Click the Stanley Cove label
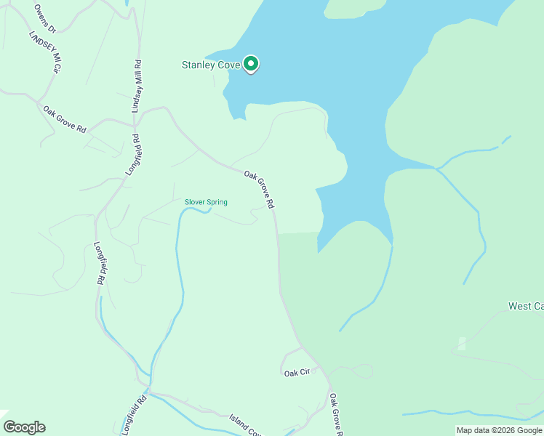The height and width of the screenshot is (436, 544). coord(210,65)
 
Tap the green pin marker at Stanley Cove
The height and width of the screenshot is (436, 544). coord(251,65)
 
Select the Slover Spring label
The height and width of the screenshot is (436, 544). coord(206,202)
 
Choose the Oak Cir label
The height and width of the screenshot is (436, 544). coord(297,372)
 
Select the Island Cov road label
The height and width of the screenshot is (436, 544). coord(245,424)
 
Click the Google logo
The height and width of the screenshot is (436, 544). coord(24,427)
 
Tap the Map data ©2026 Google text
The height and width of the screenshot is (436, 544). coord(500,430)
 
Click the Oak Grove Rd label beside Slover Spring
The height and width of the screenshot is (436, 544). coord(259,190)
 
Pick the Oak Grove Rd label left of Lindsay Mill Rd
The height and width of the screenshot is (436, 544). coord(64,119)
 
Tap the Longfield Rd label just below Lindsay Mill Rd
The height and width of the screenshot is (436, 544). coord(131,155)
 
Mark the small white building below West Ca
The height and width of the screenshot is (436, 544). coord(461,344)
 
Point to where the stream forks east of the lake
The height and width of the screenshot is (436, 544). coord(436,169)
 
